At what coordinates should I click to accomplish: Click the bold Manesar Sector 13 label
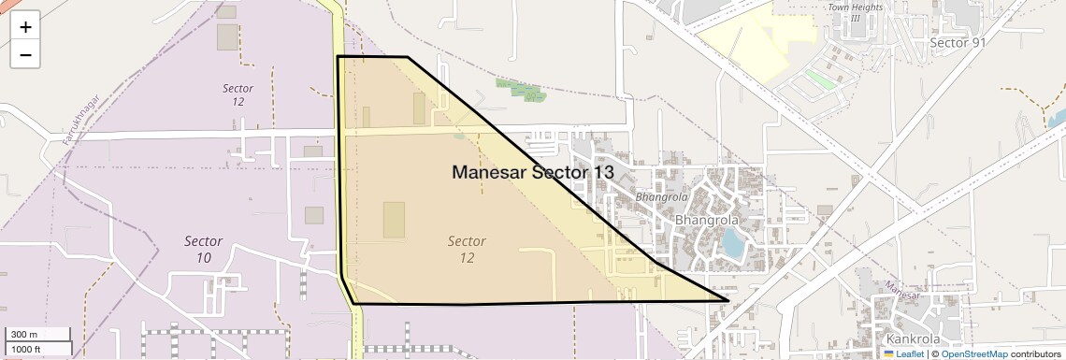(x=533, y=172)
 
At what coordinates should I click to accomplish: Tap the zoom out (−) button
(x=25, y=55)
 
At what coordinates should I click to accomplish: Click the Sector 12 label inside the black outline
(x=467, y=249)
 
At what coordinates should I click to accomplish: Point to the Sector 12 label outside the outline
(x=238, y=94)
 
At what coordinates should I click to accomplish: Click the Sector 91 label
(x=958, y=43)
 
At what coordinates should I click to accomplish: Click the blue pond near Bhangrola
(x=734, y=244)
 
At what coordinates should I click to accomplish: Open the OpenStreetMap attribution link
(x=973, y=353)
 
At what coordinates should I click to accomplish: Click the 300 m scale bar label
(x=25, y=335)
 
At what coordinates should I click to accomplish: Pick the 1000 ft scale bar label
(x=25, y=349)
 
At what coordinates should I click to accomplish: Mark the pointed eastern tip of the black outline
(x=727, y=300)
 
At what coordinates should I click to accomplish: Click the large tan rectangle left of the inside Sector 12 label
(x=394, y=220)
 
